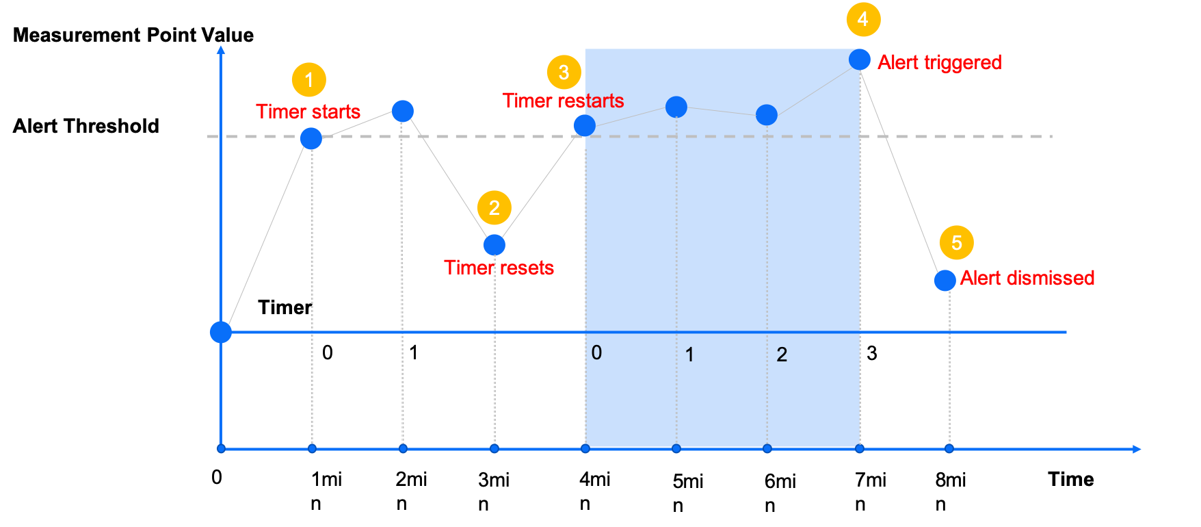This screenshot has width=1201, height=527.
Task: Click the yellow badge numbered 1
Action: [308, 80]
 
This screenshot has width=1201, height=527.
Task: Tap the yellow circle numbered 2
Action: [494, 207]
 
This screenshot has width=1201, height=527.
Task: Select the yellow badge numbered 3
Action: [564, 72]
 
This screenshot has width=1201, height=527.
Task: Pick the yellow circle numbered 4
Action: [863, 19]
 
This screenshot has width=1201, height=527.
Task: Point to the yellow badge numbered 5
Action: [956, 242]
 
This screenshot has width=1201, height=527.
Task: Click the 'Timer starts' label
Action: [308, 112]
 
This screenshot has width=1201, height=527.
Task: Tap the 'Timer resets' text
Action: [499, 268]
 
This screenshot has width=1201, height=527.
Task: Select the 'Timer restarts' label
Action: [563, 101]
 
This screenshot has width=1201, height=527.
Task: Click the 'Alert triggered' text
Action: [939, 62]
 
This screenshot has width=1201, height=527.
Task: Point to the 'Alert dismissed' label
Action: [1027, 278]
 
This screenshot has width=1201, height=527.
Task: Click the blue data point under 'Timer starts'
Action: [311, 139]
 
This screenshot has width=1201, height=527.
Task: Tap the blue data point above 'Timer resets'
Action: [494, 244]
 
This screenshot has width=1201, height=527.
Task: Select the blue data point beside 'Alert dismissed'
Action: [945, 280]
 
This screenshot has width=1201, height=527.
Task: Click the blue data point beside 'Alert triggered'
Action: [860, 60]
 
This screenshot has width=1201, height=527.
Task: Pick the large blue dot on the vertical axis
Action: [220, 332]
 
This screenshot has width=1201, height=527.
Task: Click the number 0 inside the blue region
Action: [596, 352]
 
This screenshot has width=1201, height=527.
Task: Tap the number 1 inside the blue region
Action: [689, 355]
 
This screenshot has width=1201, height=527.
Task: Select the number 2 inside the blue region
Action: [782, 355]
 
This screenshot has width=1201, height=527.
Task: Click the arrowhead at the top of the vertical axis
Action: [220, 49]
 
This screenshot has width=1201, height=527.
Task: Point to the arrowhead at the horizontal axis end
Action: [1136, 449]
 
